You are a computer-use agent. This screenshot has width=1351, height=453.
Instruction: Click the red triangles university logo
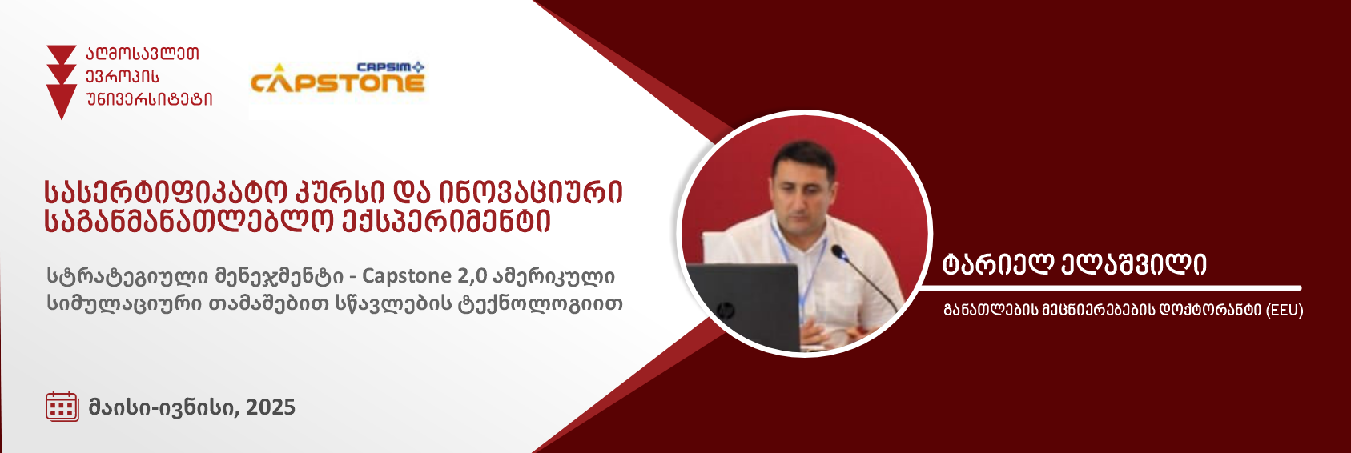[x=62, y=82]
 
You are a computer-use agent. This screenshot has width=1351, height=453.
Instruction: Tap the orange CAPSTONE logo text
[x=338, y=83]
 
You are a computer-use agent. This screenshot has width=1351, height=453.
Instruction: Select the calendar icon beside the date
[x=62, y=407]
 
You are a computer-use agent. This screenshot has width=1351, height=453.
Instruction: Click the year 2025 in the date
[x=270, y=407]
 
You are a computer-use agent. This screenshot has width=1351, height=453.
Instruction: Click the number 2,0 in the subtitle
[x=472, y=276]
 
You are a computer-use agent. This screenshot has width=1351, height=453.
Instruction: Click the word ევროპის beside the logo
[x=123, y=77]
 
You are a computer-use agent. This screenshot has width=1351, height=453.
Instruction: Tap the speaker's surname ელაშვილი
[x=1133, y=264]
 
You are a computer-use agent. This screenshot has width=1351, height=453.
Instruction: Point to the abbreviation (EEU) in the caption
[x=1285, y=311]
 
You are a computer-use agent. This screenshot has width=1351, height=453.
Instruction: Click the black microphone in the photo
[x=865, y=279]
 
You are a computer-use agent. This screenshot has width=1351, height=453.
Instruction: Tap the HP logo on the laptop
[x=722, y=311]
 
